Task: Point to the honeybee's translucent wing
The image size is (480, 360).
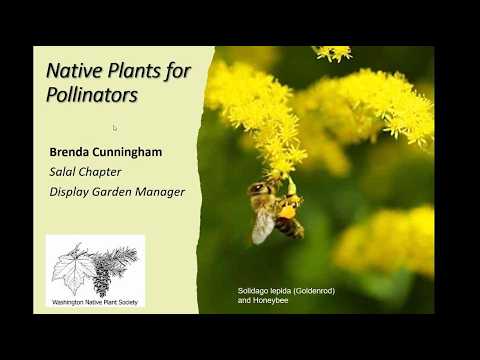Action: (262, 225)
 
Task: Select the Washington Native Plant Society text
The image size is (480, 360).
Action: (95, 301)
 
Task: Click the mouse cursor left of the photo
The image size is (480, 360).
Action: (115, 128)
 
